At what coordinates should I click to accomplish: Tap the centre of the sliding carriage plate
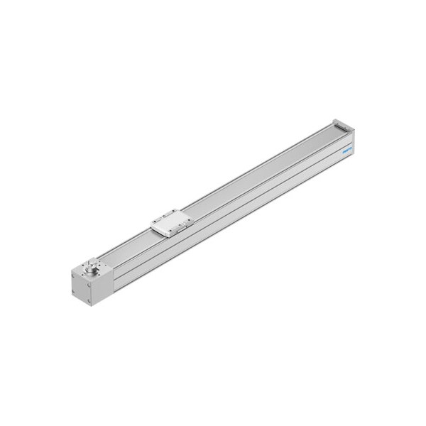[171, 225]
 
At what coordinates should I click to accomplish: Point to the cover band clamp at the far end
[339, 124]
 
